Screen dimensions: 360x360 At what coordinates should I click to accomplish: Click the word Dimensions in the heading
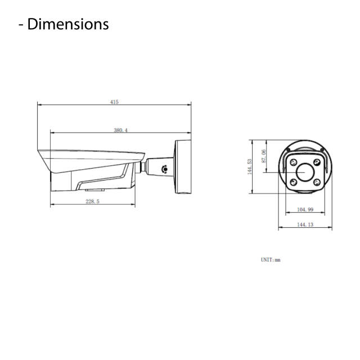(x=67, y=24)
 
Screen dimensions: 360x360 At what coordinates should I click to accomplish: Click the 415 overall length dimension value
(x=114, y=102)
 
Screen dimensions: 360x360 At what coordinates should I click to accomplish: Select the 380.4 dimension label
(x=120, y=130)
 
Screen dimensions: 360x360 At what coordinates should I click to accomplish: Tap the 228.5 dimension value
(x=93, y=201)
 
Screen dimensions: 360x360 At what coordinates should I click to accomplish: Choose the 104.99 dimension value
(x=304, y=210)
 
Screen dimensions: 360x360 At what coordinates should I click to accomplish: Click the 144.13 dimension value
(x=304, y=224)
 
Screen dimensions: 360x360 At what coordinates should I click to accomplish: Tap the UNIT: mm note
(x=270, y=260)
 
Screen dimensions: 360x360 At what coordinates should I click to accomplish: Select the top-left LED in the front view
(x=292, y=162)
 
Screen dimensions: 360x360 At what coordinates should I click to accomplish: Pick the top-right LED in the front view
(x=317, y=162)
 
